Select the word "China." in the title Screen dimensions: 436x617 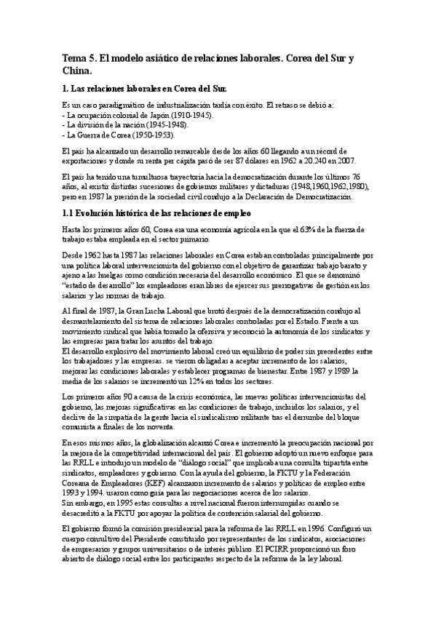[77, 71]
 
